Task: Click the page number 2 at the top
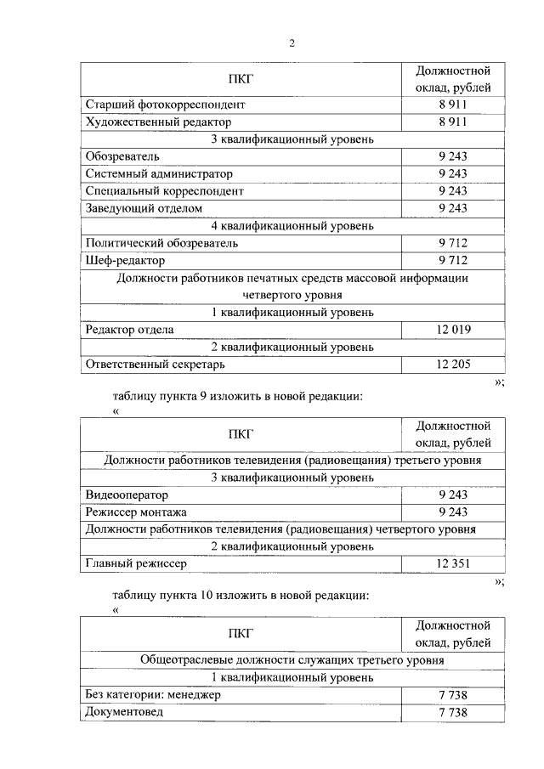(292, 44)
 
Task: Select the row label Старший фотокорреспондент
(165, 105)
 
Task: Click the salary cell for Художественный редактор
(453, 122)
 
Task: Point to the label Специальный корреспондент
(164, 191)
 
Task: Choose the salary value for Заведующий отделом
(453, 208)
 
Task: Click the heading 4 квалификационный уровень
(292, 226)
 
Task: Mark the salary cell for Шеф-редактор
(453, 260)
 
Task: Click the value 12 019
(453, 330)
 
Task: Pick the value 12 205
(453, 365)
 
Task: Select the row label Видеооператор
(127, 495)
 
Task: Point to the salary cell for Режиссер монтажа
(453, 512)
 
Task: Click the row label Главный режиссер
(136, 563)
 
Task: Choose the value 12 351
(453, 563)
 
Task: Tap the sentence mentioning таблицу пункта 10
(241, 596)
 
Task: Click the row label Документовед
(123, 712)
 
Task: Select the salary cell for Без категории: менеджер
(453, 695)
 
